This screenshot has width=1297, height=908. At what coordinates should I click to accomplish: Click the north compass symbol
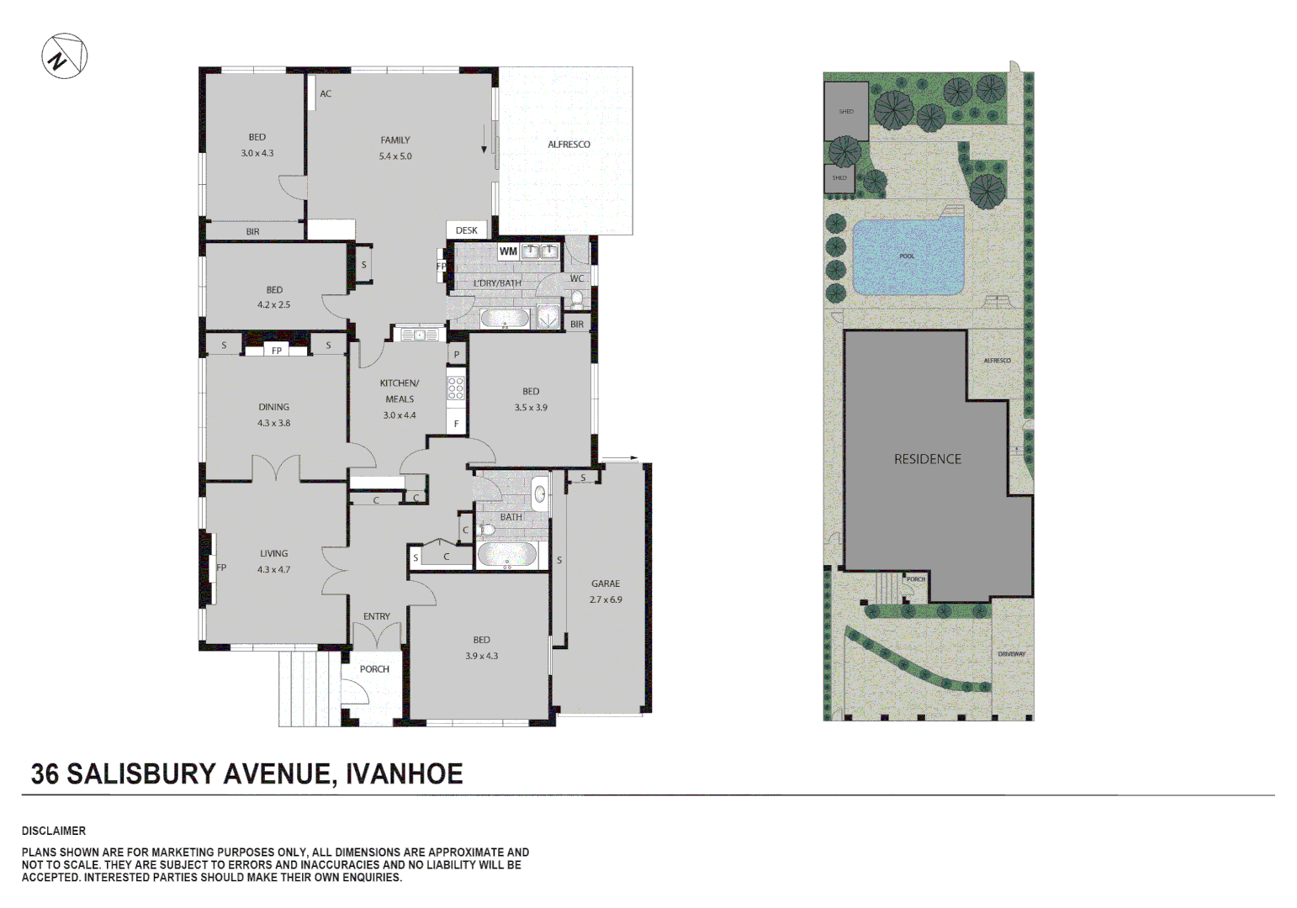(64, 56)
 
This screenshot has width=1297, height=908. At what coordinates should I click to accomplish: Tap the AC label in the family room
(326, 93)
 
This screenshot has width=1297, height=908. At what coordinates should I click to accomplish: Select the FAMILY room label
(394, 140)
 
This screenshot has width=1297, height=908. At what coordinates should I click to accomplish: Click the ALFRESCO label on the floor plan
(569, 145)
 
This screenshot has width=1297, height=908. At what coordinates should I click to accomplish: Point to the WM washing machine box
(508, 251)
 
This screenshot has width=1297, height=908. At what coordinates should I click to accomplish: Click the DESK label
(466, 230)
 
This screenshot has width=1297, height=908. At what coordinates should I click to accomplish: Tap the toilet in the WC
(577, 298)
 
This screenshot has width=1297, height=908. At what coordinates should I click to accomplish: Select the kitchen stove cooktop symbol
(456, 388)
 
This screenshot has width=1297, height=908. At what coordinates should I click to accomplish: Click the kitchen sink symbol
(419, 335)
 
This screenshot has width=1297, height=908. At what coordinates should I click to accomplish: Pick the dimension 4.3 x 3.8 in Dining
(273, 423)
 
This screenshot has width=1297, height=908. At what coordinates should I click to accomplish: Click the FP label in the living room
(221, 567)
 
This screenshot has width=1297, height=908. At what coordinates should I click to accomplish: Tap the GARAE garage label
(606, 583)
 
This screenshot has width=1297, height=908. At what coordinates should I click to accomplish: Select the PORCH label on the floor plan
(374, 669)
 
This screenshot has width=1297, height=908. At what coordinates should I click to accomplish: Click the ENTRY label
(376, 616)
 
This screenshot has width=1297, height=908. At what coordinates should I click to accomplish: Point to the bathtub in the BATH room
(506, 555)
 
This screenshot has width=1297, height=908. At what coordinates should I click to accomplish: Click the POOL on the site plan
(907, 257)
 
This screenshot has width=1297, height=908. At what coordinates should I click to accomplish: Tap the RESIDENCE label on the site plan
(927, 459)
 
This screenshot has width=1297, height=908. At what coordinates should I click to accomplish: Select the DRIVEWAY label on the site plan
(1011, 653)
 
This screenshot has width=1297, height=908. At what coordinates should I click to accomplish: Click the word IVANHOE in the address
(404, 773)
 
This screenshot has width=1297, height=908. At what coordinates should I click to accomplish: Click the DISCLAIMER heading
(54, 831)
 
